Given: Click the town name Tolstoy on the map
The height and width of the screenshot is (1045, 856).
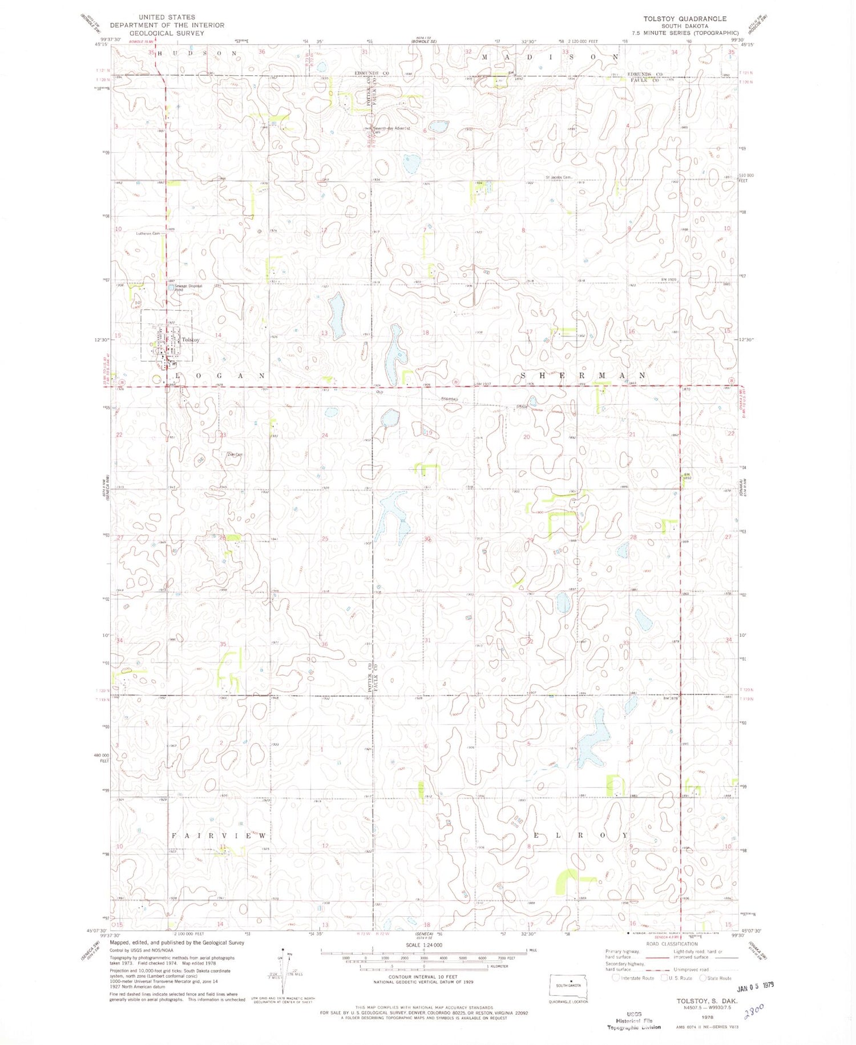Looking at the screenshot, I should pyautogui.click(x=191, y=340).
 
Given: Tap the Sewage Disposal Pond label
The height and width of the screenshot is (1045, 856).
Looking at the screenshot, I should pyautogui.click(x=188, y=287).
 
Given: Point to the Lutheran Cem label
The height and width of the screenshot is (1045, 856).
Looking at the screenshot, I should pyautogui.click(x=147, y=233).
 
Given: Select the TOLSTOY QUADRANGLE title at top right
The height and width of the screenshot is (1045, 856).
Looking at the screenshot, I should pyautogui.click(x=685, y=19).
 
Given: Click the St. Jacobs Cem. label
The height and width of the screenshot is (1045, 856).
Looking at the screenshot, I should pyautogui.click(x=558, y=177).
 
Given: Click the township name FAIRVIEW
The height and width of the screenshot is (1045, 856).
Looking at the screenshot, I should pyautogui.click(x=219, y=835).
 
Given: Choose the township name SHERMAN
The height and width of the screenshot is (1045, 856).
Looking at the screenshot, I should pyautogui.click(x=582, y=376).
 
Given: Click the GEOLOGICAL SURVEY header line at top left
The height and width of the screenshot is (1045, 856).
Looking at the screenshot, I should pyautogui.click(x=167, y=33).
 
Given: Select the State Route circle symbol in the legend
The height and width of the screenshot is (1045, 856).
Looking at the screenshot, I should pyautogui.click(x=702, y=978).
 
